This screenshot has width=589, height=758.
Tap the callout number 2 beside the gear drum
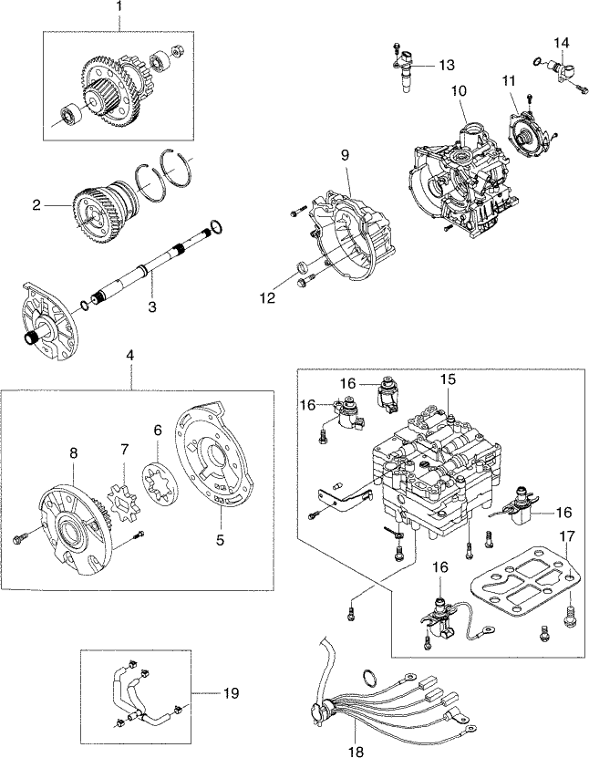(x=37, y=205)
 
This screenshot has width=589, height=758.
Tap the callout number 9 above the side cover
(x=346, y=155)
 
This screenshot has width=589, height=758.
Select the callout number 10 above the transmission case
(x=458, y=91)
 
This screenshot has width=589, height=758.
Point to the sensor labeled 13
(x=403, y=71)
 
